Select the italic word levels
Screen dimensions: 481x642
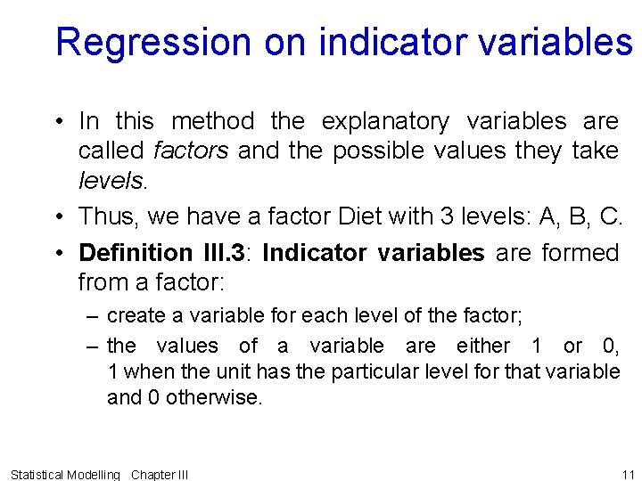(x=110, y=181)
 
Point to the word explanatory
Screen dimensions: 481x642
(x=385, y=120)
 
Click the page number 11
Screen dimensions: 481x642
(x=627, y=474)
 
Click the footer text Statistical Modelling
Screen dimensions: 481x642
(x=64, y=474)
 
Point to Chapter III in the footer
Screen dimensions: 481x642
(x=160, y=474)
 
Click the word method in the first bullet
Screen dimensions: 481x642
(x=212, y=120)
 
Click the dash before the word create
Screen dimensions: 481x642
(x=93, y=315)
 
